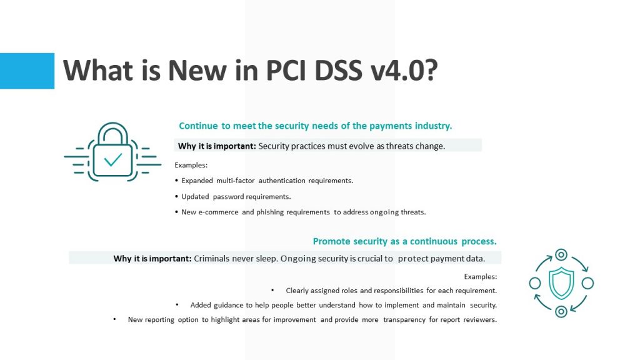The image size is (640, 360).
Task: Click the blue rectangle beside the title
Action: click(27, 71)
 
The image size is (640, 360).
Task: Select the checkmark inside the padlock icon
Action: click(112, 159)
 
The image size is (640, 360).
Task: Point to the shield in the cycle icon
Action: click(561, 283)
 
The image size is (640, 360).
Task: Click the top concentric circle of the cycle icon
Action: click(561, 255)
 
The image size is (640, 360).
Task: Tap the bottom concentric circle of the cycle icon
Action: click(561, 312)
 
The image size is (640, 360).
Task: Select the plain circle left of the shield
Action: click(535, 283)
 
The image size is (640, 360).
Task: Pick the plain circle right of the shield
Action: click(587, 283)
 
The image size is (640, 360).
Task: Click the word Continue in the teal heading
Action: click(198, 126)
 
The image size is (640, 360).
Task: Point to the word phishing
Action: click(270, 212)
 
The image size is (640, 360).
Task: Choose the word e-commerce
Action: click(218, 212)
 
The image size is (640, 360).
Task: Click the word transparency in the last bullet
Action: click(404, 319)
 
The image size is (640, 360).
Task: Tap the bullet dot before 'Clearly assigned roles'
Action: click(272, 290)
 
